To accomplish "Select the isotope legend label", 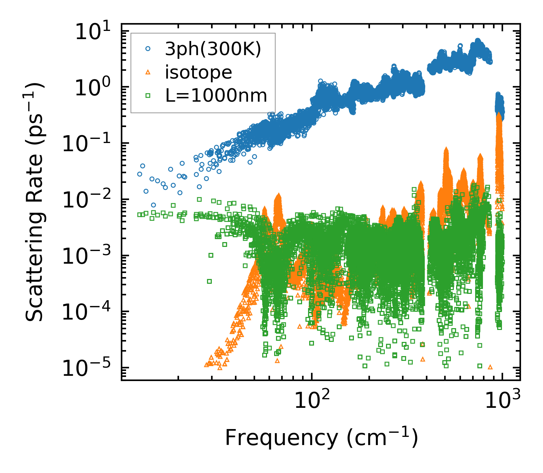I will (199, 72).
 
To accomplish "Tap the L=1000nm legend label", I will (216, 96).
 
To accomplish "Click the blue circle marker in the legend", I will (148, 48).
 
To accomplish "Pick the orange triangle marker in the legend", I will (148, 72).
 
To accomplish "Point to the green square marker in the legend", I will (148, 96).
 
